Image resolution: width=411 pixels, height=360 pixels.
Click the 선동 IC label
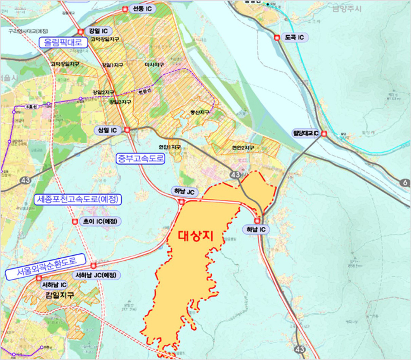(142, 10)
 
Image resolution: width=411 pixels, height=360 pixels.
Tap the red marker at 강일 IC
(81, 32)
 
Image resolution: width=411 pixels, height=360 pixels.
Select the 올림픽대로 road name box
(63, 42)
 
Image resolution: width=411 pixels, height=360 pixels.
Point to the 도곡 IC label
(295, 37)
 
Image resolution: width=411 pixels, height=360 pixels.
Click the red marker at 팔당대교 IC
(324, 133)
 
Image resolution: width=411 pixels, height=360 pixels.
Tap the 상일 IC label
(108, 130)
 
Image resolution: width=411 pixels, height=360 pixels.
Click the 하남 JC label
(184, 192)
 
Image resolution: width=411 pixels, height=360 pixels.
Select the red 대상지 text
(195, 236)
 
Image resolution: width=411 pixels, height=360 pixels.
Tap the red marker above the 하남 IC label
(258, 220)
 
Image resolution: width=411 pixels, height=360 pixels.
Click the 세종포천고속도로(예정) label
(79, 199)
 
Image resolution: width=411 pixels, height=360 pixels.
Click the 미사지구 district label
(154, 65)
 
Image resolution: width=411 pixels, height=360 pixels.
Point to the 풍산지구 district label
(200, 113)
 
